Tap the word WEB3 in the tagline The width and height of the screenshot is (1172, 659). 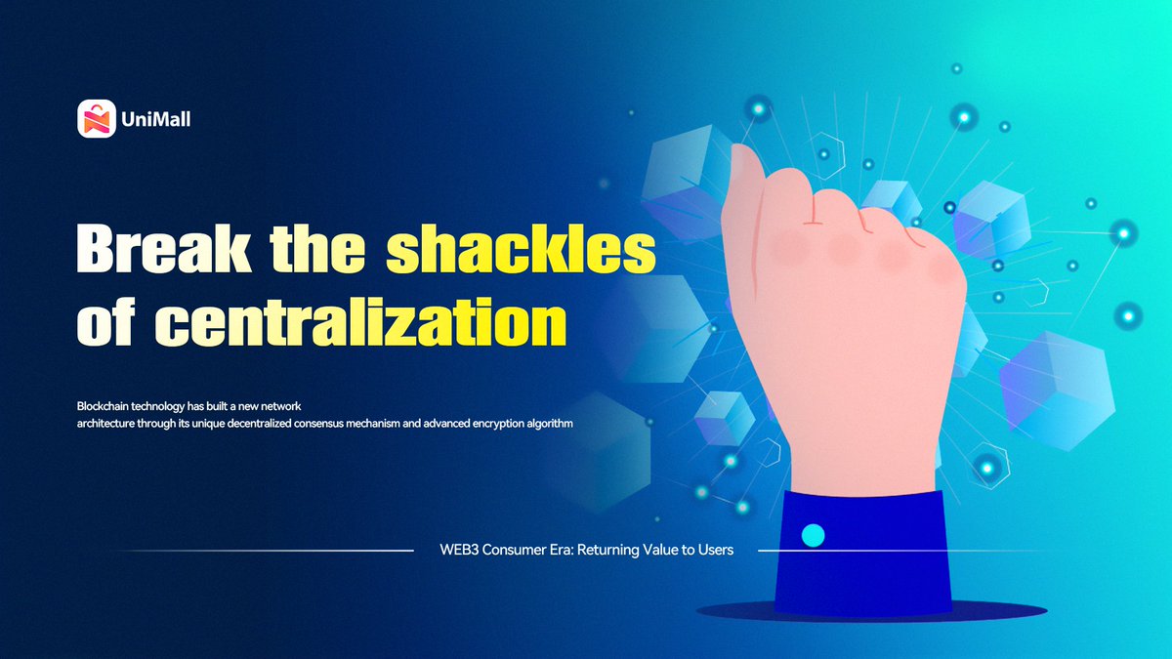click(459, 550)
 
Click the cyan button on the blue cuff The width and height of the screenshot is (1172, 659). click(813, 535)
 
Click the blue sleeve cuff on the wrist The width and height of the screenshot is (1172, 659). click(859, 552)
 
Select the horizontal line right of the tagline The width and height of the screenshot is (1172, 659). click(879, 551)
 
